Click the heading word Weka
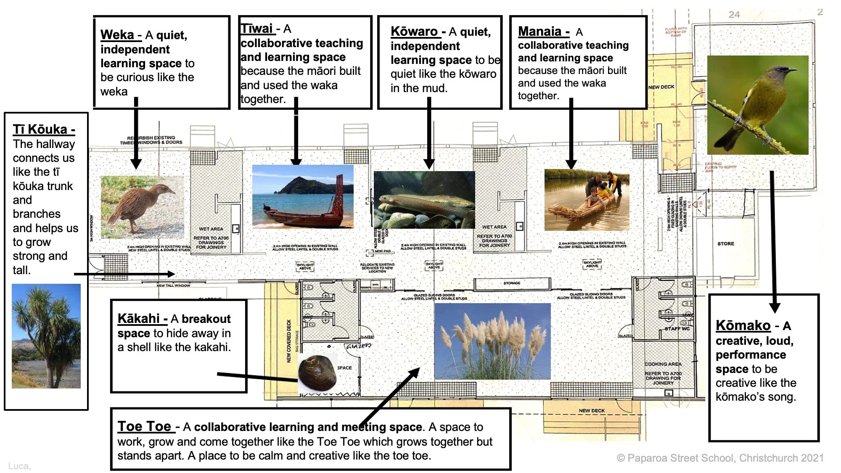(117, 34)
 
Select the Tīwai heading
(257, 29)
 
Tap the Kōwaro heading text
(414, 31)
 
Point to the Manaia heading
(540, 31)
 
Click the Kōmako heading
(743, 325)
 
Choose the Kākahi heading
(139, 318)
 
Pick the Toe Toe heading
(144, 426)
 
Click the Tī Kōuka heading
(40, 129)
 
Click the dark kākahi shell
(317, 373)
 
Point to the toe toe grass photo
(492, 341)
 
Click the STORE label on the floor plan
(725, 243)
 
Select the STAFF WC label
(677, 328)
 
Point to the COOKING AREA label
(663, 364)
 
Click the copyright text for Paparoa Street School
(720, 458)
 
